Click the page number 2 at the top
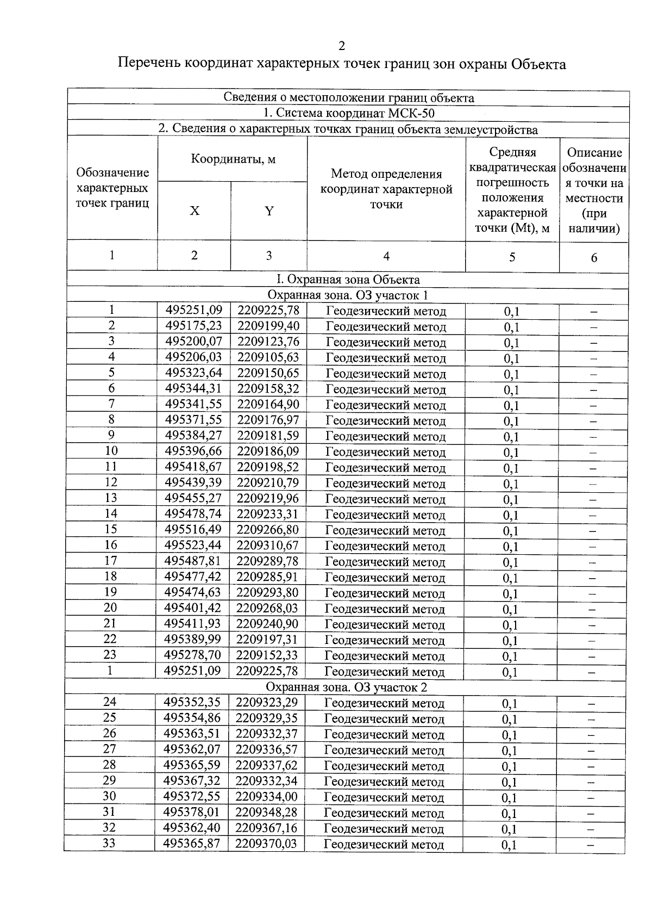click(341, 46)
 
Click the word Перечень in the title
click(147, 64)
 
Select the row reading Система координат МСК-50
click(348, 114)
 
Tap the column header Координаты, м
click(233, 159)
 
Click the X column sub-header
click(195, 211)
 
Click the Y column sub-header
click(269, 211)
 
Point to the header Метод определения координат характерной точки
click(386, 189)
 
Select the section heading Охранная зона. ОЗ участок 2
click(348, 687)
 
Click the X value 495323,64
click(194, 373)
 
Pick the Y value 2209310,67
click(268, 546)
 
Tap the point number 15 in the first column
click(111, 529)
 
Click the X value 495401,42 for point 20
click(193, 608)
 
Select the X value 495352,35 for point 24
click(192, 702)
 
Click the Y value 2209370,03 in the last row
click(267, 844)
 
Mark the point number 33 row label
click(109, 844)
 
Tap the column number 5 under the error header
click(512, 257)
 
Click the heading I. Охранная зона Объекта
click(348, 280)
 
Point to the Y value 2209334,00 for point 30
click(267, 797)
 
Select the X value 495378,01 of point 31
click(192, 813)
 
